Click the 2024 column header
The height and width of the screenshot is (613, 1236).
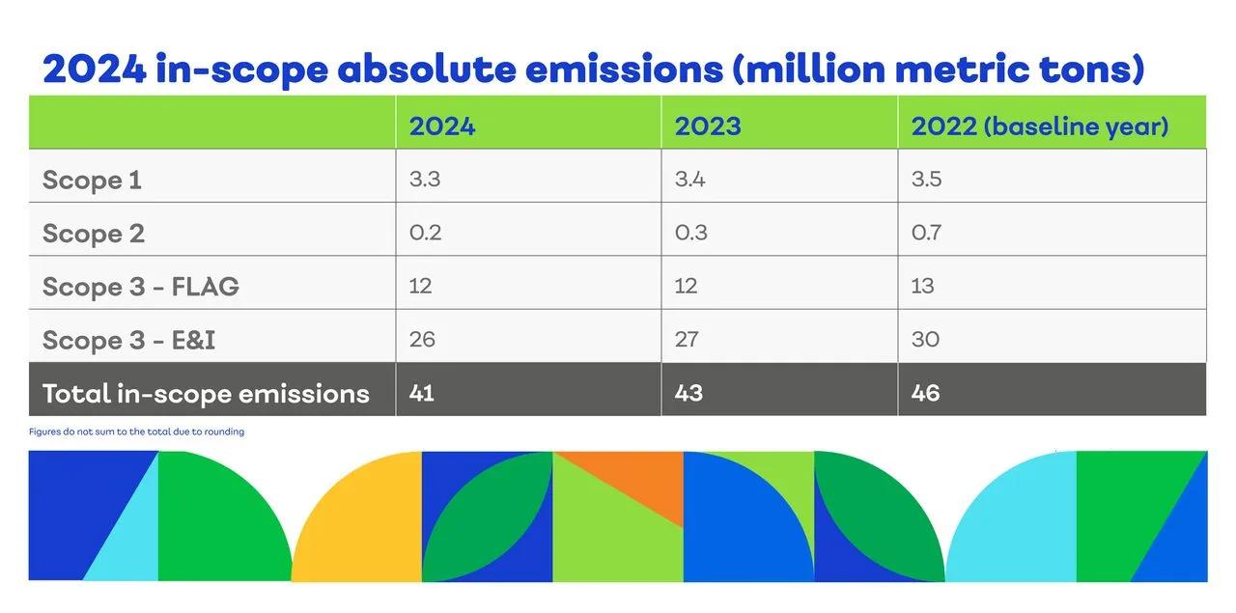point(441,126)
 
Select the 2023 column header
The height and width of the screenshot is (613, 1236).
point(707,126)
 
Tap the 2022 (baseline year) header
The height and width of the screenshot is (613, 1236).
point(1039,126)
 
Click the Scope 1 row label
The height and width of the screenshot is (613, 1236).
point(92,181)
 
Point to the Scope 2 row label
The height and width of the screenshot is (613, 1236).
point(93,234)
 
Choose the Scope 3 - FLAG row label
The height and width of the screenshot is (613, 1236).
point(140,287)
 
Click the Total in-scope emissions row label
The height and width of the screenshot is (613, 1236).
point(206,393)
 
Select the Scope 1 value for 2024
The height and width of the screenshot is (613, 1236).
point(425,180)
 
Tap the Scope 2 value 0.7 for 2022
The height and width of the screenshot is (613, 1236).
point(925,233)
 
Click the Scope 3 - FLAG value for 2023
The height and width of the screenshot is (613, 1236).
point(687,286)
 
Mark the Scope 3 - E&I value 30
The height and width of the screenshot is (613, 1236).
point(925,339)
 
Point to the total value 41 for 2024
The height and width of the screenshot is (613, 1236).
point(421,393)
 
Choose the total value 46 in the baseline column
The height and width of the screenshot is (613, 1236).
point(925,393)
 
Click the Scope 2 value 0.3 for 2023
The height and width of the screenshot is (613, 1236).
point(689,233)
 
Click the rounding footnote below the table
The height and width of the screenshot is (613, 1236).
point(136,432)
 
